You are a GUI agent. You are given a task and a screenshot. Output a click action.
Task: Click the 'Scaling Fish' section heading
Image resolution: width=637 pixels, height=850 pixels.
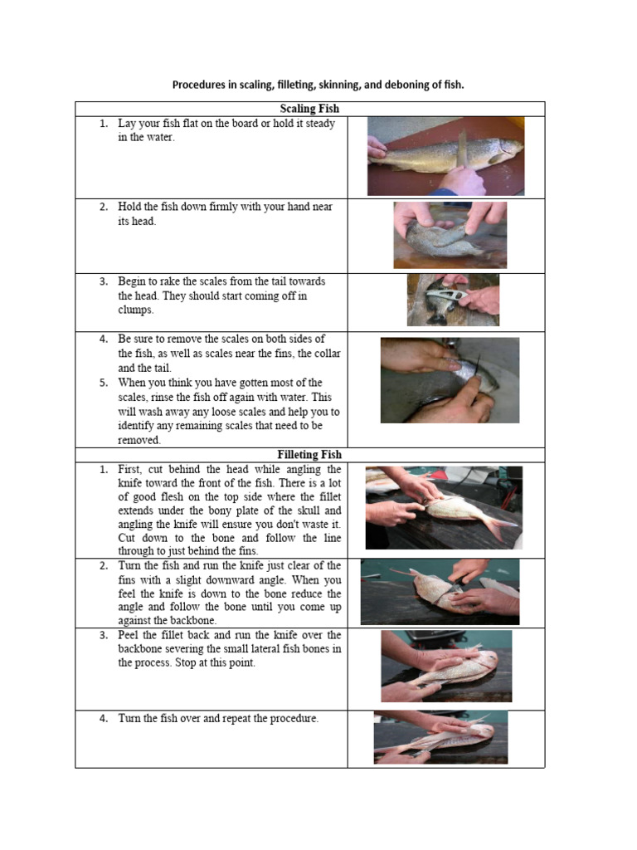pos(309,109)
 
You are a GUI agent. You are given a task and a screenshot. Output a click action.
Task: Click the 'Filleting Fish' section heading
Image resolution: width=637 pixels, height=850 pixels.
pos(309,454)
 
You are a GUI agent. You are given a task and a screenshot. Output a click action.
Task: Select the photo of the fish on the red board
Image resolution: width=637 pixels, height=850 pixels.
pos(445,156)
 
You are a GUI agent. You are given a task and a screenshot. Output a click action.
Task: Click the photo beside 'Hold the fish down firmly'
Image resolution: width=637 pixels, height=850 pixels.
pos(450,235)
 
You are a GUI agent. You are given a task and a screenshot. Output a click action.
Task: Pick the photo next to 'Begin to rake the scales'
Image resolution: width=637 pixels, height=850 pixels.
pos(454,300)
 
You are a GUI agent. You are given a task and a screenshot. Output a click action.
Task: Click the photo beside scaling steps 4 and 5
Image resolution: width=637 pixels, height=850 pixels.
pos(450,380)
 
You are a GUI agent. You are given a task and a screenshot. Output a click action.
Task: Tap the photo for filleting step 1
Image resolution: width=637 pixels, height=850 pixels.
pos(445,508)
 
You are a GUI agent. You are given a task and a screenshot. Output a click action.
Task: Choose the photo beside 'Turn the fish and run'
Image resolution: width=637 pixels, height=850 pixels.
pos(440,592)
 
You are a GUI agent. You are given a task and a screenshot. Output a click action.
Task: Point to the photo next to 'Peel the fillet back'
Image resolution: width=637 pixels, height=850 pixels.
pos(446,667)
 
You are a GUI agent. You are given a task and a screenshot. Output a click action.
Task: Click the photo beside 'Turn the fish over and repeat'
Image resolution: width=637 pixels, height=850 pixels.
pos(441,737)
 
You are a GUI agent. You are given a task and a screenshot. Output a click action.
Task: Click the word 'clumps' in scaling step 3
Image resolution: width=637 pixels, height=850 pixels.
pos(135,310)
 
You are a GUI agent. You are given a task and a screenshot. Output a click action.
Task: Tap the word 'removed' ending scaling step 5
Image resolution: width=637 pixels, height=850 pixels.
pos(139,440)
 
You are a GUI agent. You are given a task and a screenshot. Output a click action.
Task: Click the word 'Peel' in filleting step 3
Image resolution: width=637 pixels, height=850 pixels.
pos(128,635)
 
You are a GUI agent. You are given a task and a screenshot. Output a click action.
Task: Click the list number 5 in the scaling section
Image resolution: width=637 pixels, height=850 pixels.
pos(104,383)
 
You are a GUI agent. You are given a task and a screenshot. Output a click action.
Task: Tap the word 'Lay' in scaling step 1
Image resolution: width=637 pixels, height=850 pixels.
pos(127,125)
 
